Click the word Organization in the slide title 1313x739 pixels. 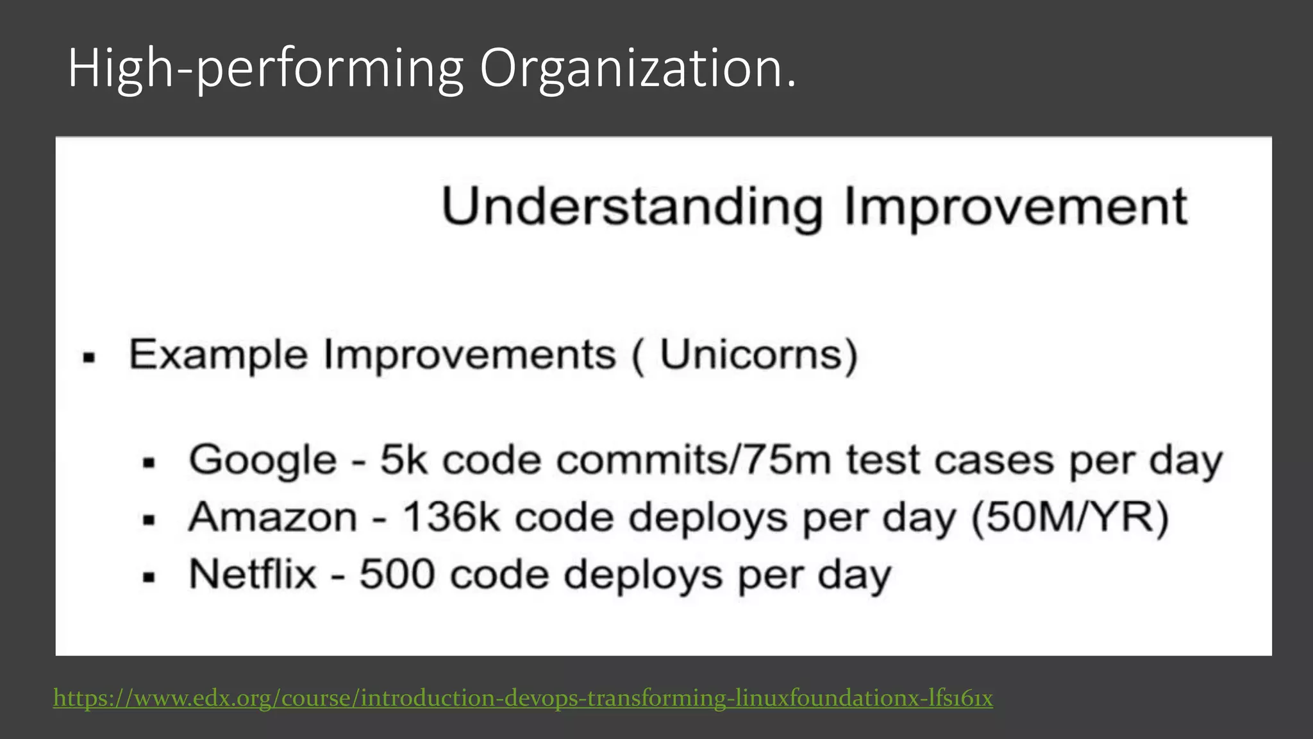(x=637, y=69)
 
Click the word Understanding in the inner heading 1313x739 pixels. (x=631, y=207)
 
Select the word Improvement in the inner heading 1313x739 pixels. (x=1016, y=207)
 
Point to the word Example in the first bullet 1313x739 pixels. (x=218, y=354)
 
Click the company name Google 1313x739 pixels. (x=262, y=461)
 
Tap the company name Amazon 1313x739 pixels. (x=272, y=517)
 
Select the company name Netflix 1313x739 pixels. (x=253, y=573)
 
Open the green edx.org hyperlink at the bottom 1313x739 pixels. (x=523, y=698)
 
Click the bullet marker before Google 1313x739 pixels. (x=149, y=463)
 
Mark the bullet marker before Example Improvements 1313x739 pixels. (x=89, y=357)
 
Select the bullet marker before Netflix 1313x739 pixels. (x=149, y=577)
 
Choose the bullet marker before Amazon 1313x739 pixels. (x=149, y=520)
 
